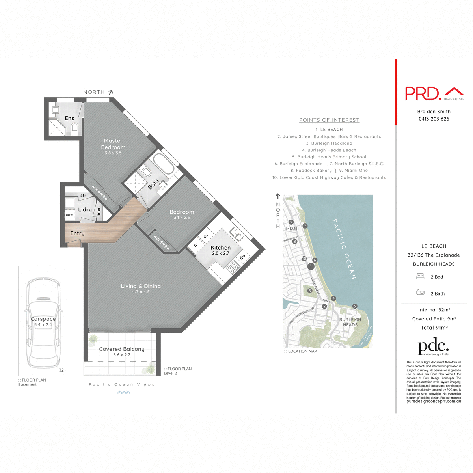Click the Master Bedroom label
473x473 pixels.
113,144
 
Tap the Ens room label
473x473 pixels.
69,118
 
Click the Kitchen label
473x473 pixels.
221,248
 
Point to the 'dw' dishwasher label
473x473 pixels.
243,257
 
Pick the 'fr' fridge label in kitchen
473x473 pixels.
196,246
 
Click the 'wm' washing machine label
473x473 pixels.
69,215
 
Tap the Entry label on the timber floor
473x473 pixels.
77,233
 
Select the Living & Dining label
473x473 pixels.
141,286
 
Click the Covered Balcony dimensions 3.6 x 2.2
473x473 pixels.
122,355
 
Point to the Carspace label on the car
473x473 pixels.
43,319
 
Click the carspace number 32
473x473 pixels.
61,370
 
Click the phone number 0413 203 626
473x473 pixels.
434,119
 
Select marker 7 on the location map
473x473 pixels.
305,226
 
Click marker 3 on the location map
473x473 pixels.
355,306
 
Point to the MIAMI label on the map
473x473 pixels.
292,229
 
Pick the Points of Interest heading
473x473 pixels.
329,120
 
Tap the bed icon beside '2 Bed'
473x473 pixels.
420,276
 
